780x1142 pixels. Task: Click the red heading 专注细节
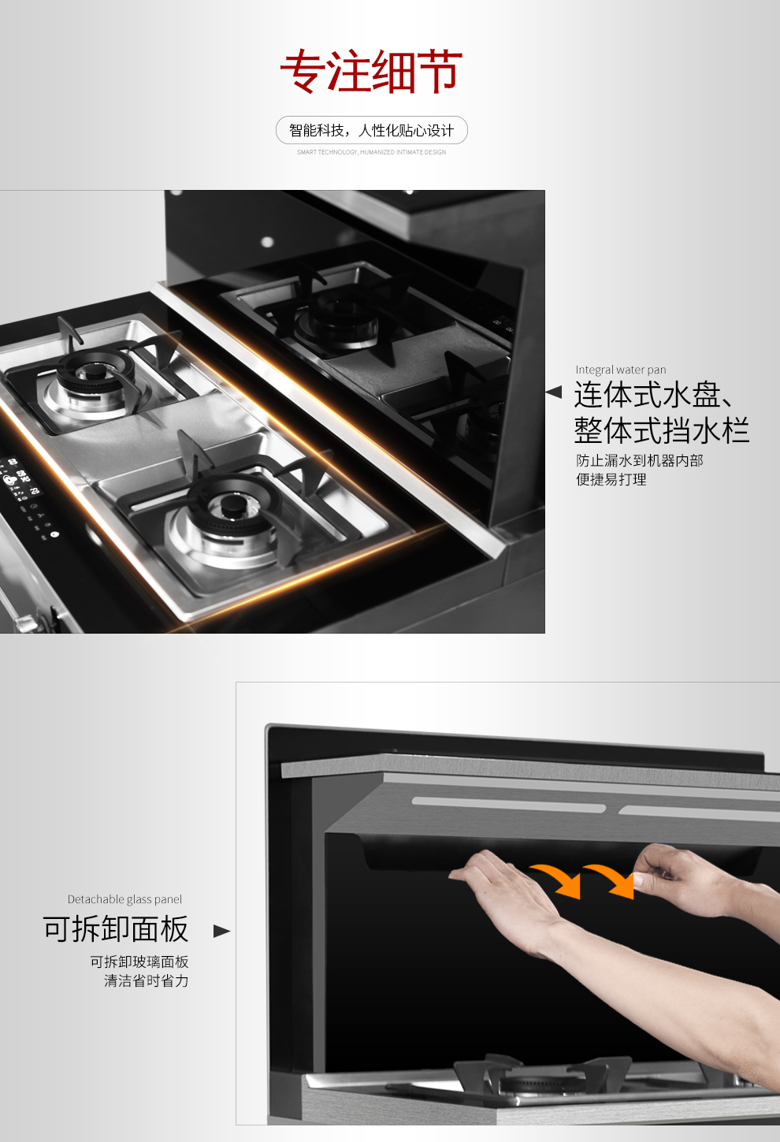point(371,72)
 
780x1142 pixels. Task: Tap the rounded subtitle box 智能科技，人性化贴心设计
point(371,130)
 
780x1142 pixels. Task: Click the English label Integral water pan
point(620,370)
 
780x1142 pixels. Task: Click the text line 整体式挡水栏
point(661,431)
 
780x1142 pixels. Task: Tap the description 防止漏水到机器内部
point(639,460)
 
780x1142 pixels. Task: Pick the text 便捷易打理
point(611,479)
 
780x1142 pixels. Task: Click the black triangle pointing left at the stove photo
point(554,392)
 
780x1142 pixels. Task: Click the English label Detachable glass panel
point(124,899)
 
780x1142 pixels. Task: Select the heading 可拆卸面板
point(115,929)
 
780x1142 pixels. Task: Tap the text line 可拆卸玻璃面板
point(139,962)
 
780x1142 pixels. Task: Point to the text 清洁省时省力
point(146,980)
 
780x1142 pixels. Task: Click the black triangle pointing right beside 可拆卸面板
point(221,931)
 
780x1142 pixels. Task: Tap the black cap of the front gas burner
point(233,505)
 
